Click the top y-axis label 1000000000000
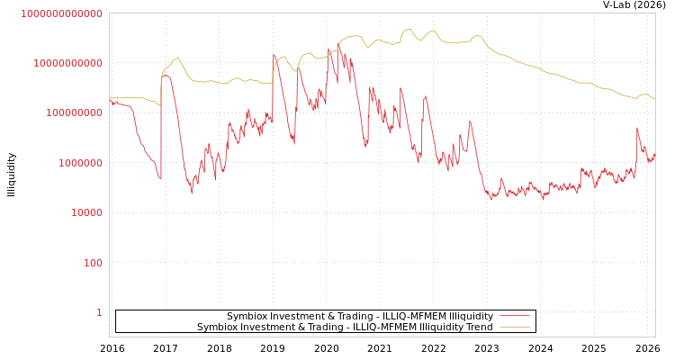[61, 13]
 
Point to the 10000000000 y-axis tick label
[68, 63]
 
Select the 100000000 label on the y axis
[75, 113]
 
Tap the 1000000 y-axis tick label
[81, 163]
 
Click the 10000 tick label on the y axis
[87, 212]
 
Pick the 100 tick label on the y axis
[94, 263]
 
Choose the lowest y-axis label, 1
[99, 312]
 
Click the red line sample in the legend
[514, 316]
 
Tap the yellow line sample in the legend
[514, 327]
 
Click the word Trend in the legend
[478, 327]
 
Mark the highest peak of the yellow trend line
[409, 29]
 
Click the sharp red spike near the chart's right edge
[637, 128]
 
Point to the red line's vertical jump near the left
[161, 126]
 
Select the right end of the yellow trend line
[654, 99]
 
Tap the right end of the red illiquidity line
[654, 154]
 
